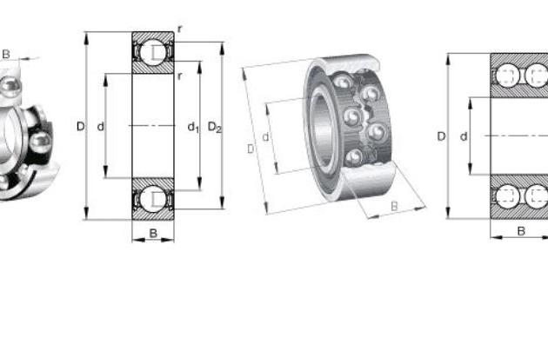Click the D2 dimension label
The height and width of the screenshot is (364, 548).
(x=215, y=127)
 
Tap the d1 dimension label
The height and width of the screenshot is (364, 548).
(x=193, y=127)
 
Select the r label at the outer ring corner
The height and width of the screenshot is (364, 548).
(x=180, y=30)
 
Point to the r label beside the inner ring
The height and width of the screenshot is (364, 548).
(x=180, y=76)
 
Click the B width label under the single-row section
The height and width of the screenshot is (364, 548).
(x=153, y=233)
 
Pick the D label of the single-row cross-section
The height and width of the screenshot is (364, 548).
(x=80, y=126)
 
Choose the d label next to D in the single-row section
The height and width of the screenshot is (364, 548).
(x=101, y=126)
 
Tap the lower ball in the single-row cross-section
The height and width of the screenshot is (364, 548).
(x=153, y=199)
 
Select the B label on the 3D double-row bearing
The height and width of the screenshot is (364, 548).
(x=394, y=206)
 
